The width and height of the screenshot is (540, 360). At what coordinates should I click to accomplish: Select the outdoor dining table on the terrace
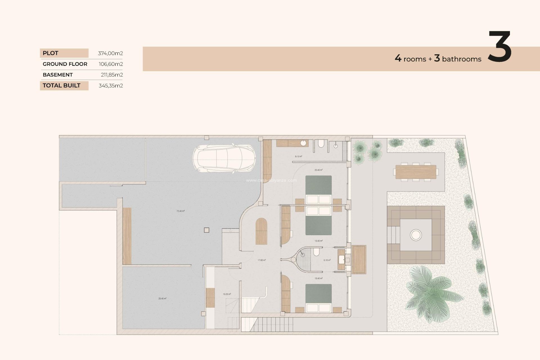(x=416, y=172)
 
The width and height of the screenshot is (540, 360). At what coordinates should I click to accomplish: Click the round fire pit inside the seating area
(x=416, y=235)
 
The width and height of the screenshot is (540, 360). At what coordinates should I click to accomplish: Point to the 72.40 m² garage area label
(x=181, y=211)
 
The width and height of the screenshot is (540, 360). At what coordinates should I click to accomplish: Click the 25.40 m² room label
(x=162, y=299)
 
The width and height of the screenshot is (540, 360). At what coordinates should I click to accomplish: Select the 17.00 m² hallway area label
(x=262, y=260)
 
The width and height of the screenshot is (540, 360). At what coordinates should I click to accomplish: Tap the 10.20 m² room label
(x=227, y=294)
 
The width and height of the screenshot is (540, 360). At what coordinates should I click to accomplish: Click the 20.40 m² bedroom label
(x=318, y=170)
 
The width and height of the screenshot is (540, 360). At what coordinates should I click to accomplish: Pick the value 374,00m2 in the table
(x=110, y=53)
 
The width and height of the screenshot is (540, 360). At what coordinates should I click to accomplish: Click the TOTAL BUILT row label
(x=62, y=85)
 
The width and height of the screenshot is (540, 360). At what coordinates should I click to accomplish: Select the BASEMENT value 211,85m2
(x=112, y=75)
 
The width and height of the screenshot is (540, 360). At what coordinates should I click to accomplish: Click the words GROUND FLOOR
(x=65, y=64)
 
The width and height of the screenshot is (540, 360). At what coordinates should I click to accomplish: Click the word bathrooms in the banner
(x=462, y=59)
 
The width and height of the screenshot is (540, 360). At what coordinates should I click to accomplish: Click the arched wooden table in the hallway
(x=261, y=231)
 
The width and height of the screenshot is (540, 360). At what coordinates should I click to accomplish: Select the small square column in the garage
(x=206, y=230)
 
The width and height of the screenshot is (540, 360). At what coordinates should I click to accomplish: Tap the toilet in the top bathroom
(x=321, y=144)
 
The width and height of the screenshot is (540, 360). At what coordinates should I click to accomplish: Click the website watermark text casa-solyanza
(x=271, y=181)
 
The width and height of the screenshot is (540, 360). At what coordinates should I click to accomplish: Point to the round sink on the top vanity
(x=303, y=143)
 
